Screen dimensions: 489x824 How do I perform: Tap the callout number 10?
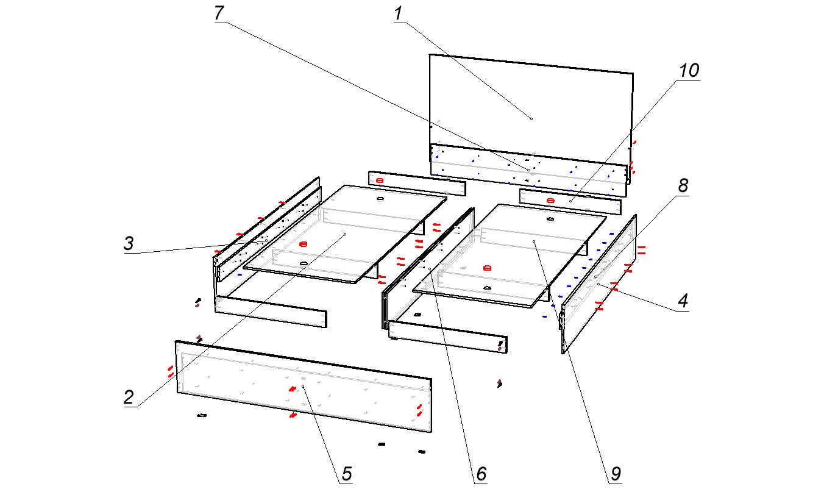pyautogui.click(x=689, y=71)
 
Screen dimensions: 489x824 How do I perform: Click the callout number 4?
pyautogui.click(x=683, y=301)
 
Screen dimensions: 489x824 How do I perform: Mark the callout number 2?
pyautogui.click(x=129, y=398)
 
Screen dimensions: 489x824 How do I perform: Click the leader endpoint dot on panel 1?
pyautogui.click(x=531, y=118)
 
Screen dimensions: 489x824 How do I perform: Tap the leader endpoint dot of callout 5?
pyautogui.click(x=303, y=387)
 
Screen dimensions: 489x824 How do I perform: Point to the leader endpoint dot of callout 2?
pyautogui.click(x=345, y=234)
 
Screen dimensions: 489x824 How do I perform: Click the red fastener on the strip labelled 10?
pyautogui.click(x=551, y=200)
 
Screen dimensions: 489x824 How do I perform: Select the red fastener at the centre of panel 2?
pyautogui.click(x=304, y=244)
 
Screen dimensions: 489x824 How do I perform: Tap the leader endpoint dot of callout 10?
pyautogui.click(x=570, y=200)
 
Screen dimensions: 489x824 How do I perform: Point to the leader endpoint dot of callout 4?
pyautogui.click(x=598, y=284)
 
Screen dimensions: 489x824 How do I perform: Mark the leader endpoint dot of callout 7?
pyautogui.click(x=528, y=170)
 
